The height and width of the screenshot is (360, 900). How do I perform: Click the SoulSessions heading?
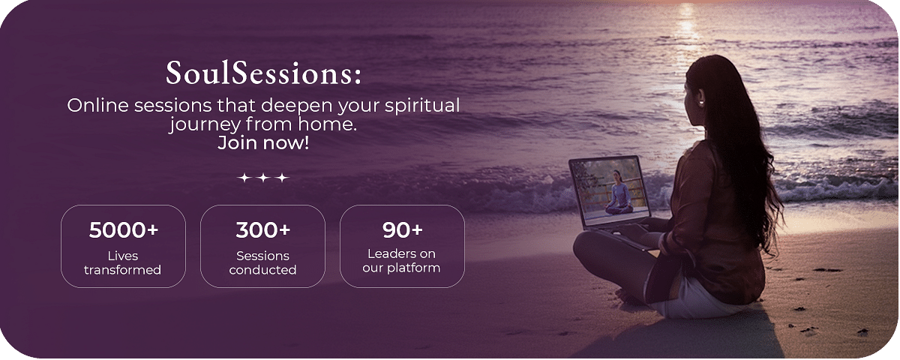(263, 73)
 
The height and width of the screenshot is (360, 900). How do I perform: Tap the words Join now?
(263, 143)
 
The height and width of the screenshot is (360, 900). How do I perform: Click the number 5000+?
(123, 230)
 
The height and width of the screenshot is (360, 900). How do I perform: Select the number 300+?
(262, 230)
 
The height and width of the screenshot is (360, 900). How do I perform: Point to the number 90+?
(402, 230)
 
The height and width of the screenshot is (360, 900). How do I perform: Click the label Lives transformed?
(122, 262)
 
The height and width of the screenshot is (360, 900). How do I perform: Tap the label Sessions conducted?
(262, 262)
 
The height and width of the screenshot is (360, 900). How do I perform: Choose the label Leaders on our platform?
(401, 261)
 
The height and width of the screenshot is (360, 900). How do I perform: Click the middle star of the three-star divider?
(263, 178)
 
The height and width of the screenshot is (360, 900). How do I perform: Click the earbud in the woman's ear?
(701, 103)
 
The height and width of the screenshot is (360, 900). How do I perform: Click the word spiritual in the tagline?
(422, 106)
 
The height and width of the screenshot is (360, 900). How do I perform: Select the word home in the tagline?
(328, 124)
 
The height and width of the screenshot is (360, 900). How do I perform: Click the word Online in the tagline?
(98, 105)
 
